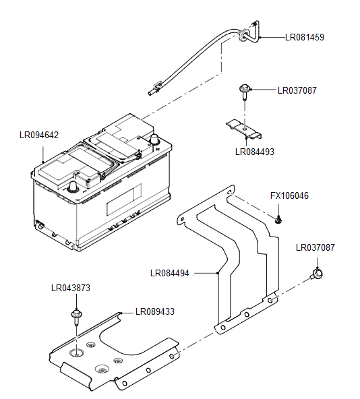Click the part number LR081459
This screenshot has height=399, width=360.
click(x=305, y=37)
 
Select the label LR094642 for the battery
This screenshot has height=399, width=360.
click(x=39, y=135)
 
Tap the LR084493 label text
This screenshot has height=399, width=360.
click(x=255, y=152)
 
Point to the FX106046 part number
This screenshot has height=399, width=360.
click(x=289, y=195)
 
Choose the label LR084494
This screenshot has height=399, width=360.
click(x=170, y=273)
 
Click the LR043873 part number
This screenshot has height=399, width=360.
click(x=71, y=288)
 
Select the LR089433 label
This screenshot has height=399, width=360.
click(x=155, y=311)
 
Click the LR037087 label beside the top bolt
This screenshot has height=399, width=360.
click(x=297, y=90)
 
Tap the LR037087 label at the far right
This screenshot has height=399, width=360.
click(x=316, y=247)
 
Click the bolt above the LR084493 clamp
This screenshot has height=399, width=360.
click(x=244, y=92)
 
